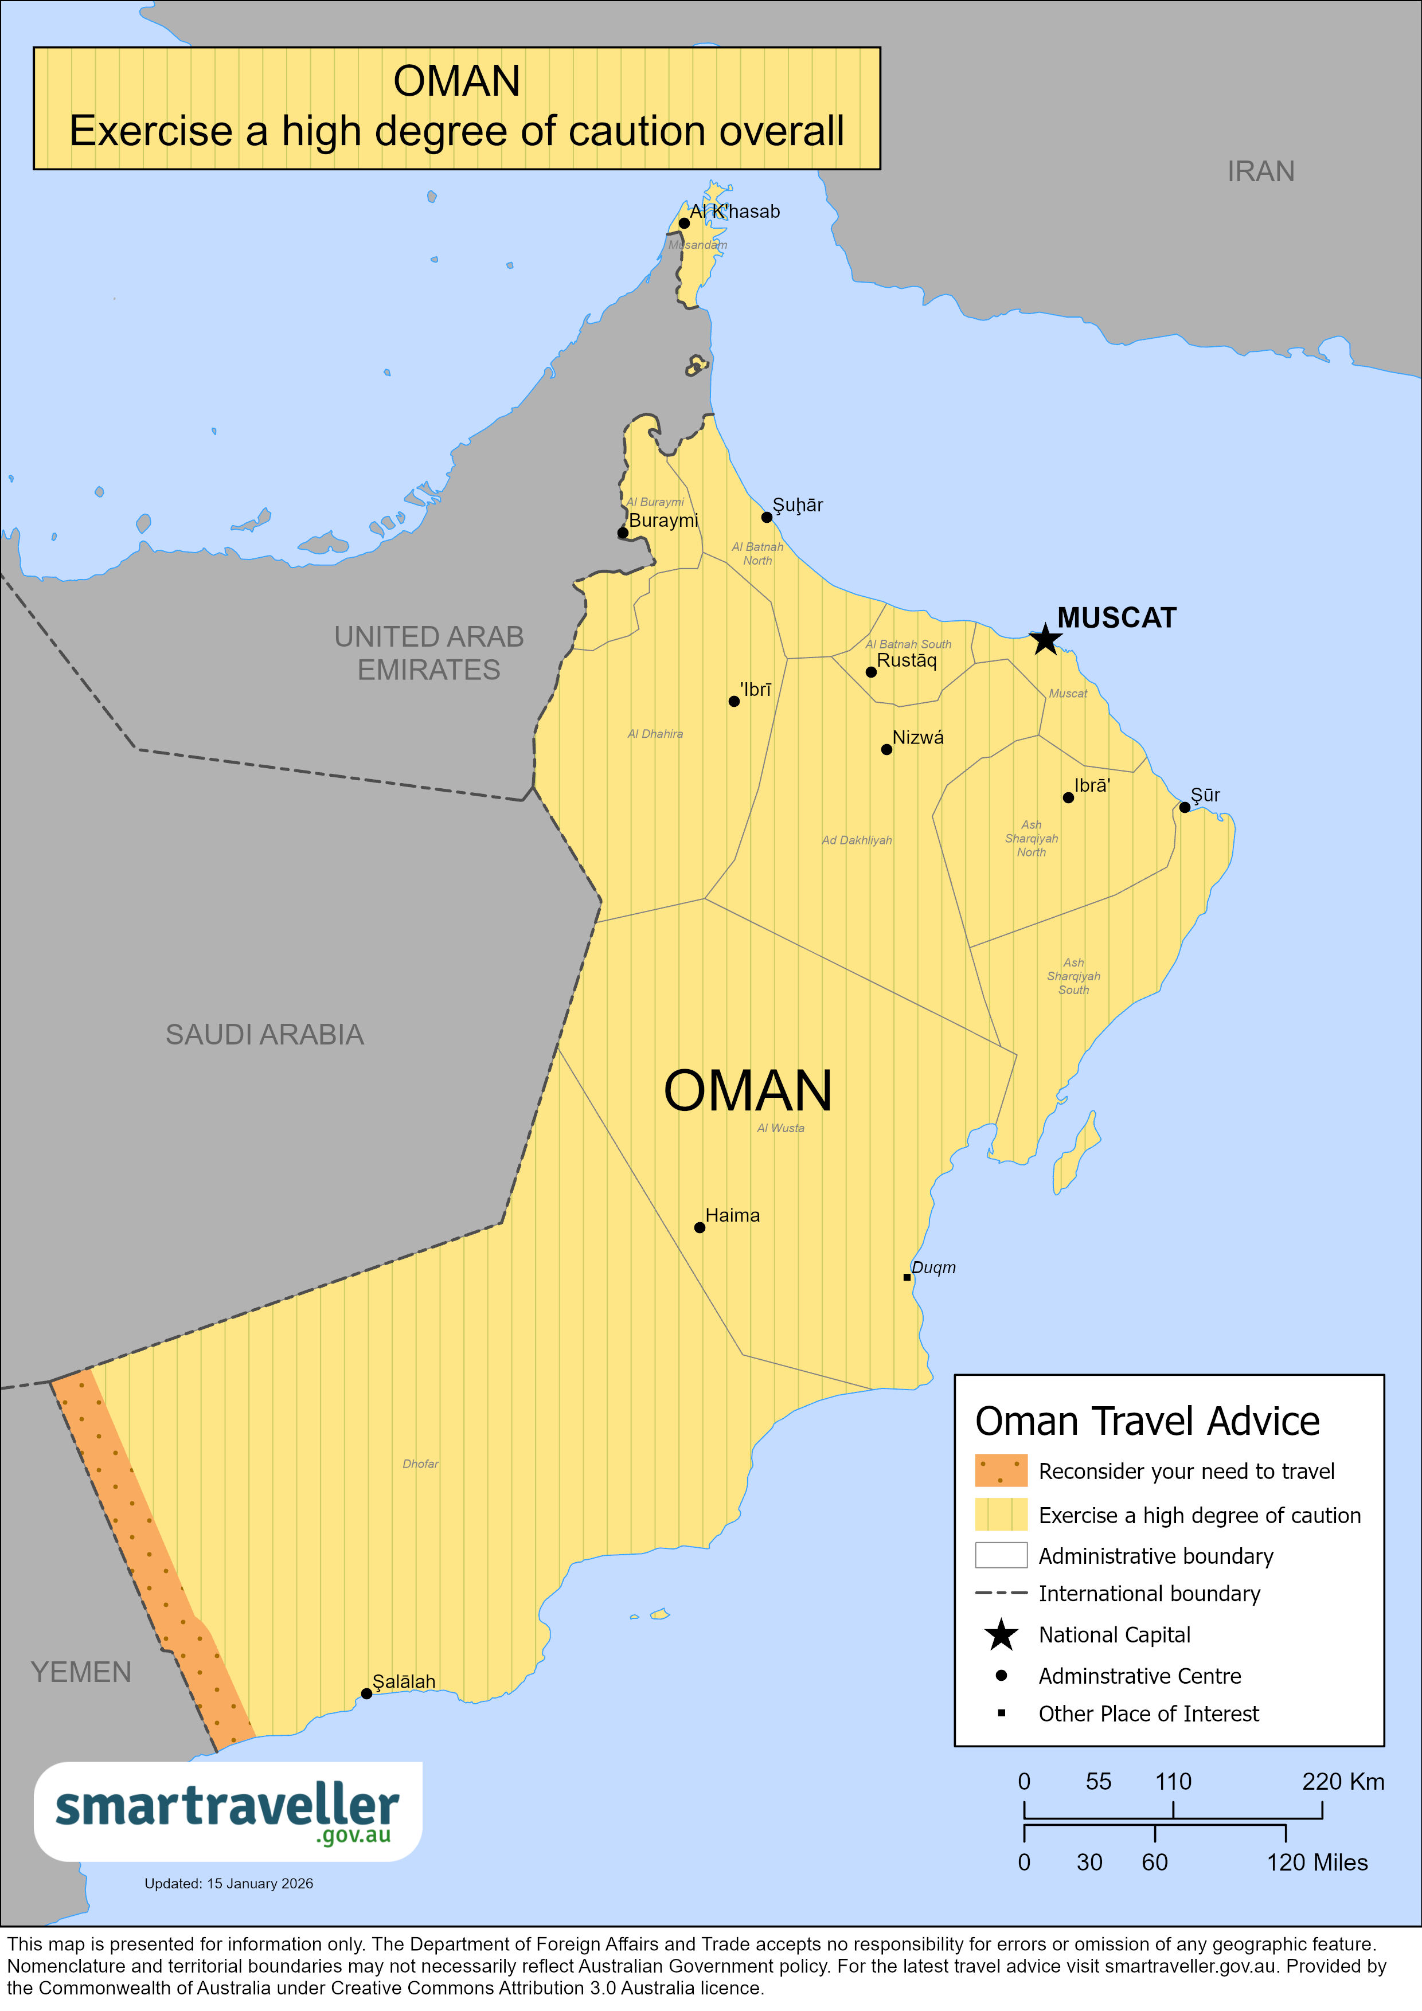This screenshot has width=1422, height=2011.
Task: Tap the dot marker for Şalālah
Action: (x=366, y=1694)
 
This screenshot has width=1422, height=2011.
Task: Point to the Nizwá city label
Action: (x=917, y=737)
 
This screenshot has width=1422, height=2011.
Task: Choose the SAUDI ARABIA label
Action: (x=264, y=1034)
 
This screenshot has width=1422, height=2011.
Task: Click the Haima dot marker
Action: (x=699, y=1228)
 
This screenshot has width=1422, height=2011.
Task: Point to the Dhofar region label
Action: (x=420, y=1464)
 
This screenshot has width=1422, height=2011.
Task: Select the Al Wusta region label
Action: (x=780, y=1128)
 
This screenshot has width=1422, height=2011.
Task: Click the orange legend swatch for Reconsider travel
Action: (x=1001, y=1470)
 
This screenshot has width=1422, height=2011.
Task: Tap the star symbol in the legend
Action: (x=1001, y=1634)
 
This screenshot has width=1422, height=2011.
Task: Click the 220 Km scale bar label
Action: (x=1342, y=1782)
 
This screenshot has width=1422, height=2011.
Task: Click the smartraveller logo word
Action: (x=227, y=1807)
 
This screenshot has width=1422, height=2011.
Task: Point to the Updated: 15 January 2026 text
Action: (x=229, y=1883)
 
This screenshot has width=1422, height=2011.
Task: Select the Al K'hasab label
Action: (x=734, y=211)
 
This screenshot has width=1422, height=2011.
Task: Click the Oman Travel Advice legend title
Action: (x=1147, y=1421)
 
